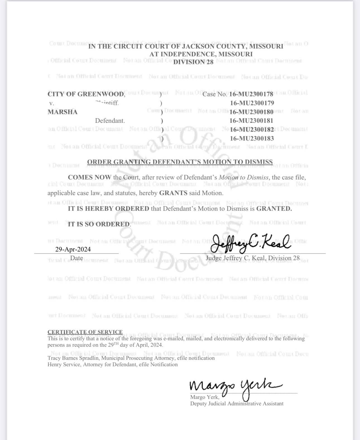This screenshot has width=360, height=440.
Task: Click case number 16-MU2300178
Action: (x=251, y=94)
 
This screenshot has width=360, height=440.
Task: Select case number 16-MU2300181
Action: (x=251, y=121)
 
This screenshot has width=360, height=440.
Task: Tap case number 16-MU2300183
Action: (x=252, y=138)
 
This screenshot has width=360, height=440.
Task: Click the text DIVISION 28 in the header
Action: (x=193, y=62)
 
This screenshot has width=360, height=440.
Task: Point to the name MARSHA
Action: (x=63, y=112)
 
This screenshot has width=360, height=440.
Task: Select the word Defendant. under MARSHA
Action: (x=110, y=121)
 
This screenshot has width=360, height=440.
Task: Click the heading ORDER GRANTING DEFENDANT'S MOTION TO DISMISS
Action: (x=180, y=162)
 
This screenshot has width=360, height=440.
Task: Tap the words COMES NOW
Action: (x=89, y=177)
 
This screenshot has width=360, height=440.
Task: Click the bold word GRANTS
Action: (x=173, y=193)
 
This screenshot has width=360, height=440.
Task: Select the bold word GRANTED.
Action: (x=274, y=209)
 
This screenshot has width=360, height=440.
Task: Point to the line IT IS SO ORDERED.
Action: (x=99, y=224)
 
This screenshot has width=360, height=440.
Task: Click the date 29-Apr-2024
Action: (x=73, y=249)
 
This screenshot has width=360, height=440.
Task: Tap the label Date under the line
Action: (x=76, y=258)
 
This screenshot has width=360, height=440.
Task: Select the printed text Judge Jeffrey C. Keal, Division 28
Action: (x=252, y=258)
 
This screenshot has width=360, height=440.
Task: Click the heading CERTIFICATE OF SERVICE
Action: (x=85, y=332)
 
